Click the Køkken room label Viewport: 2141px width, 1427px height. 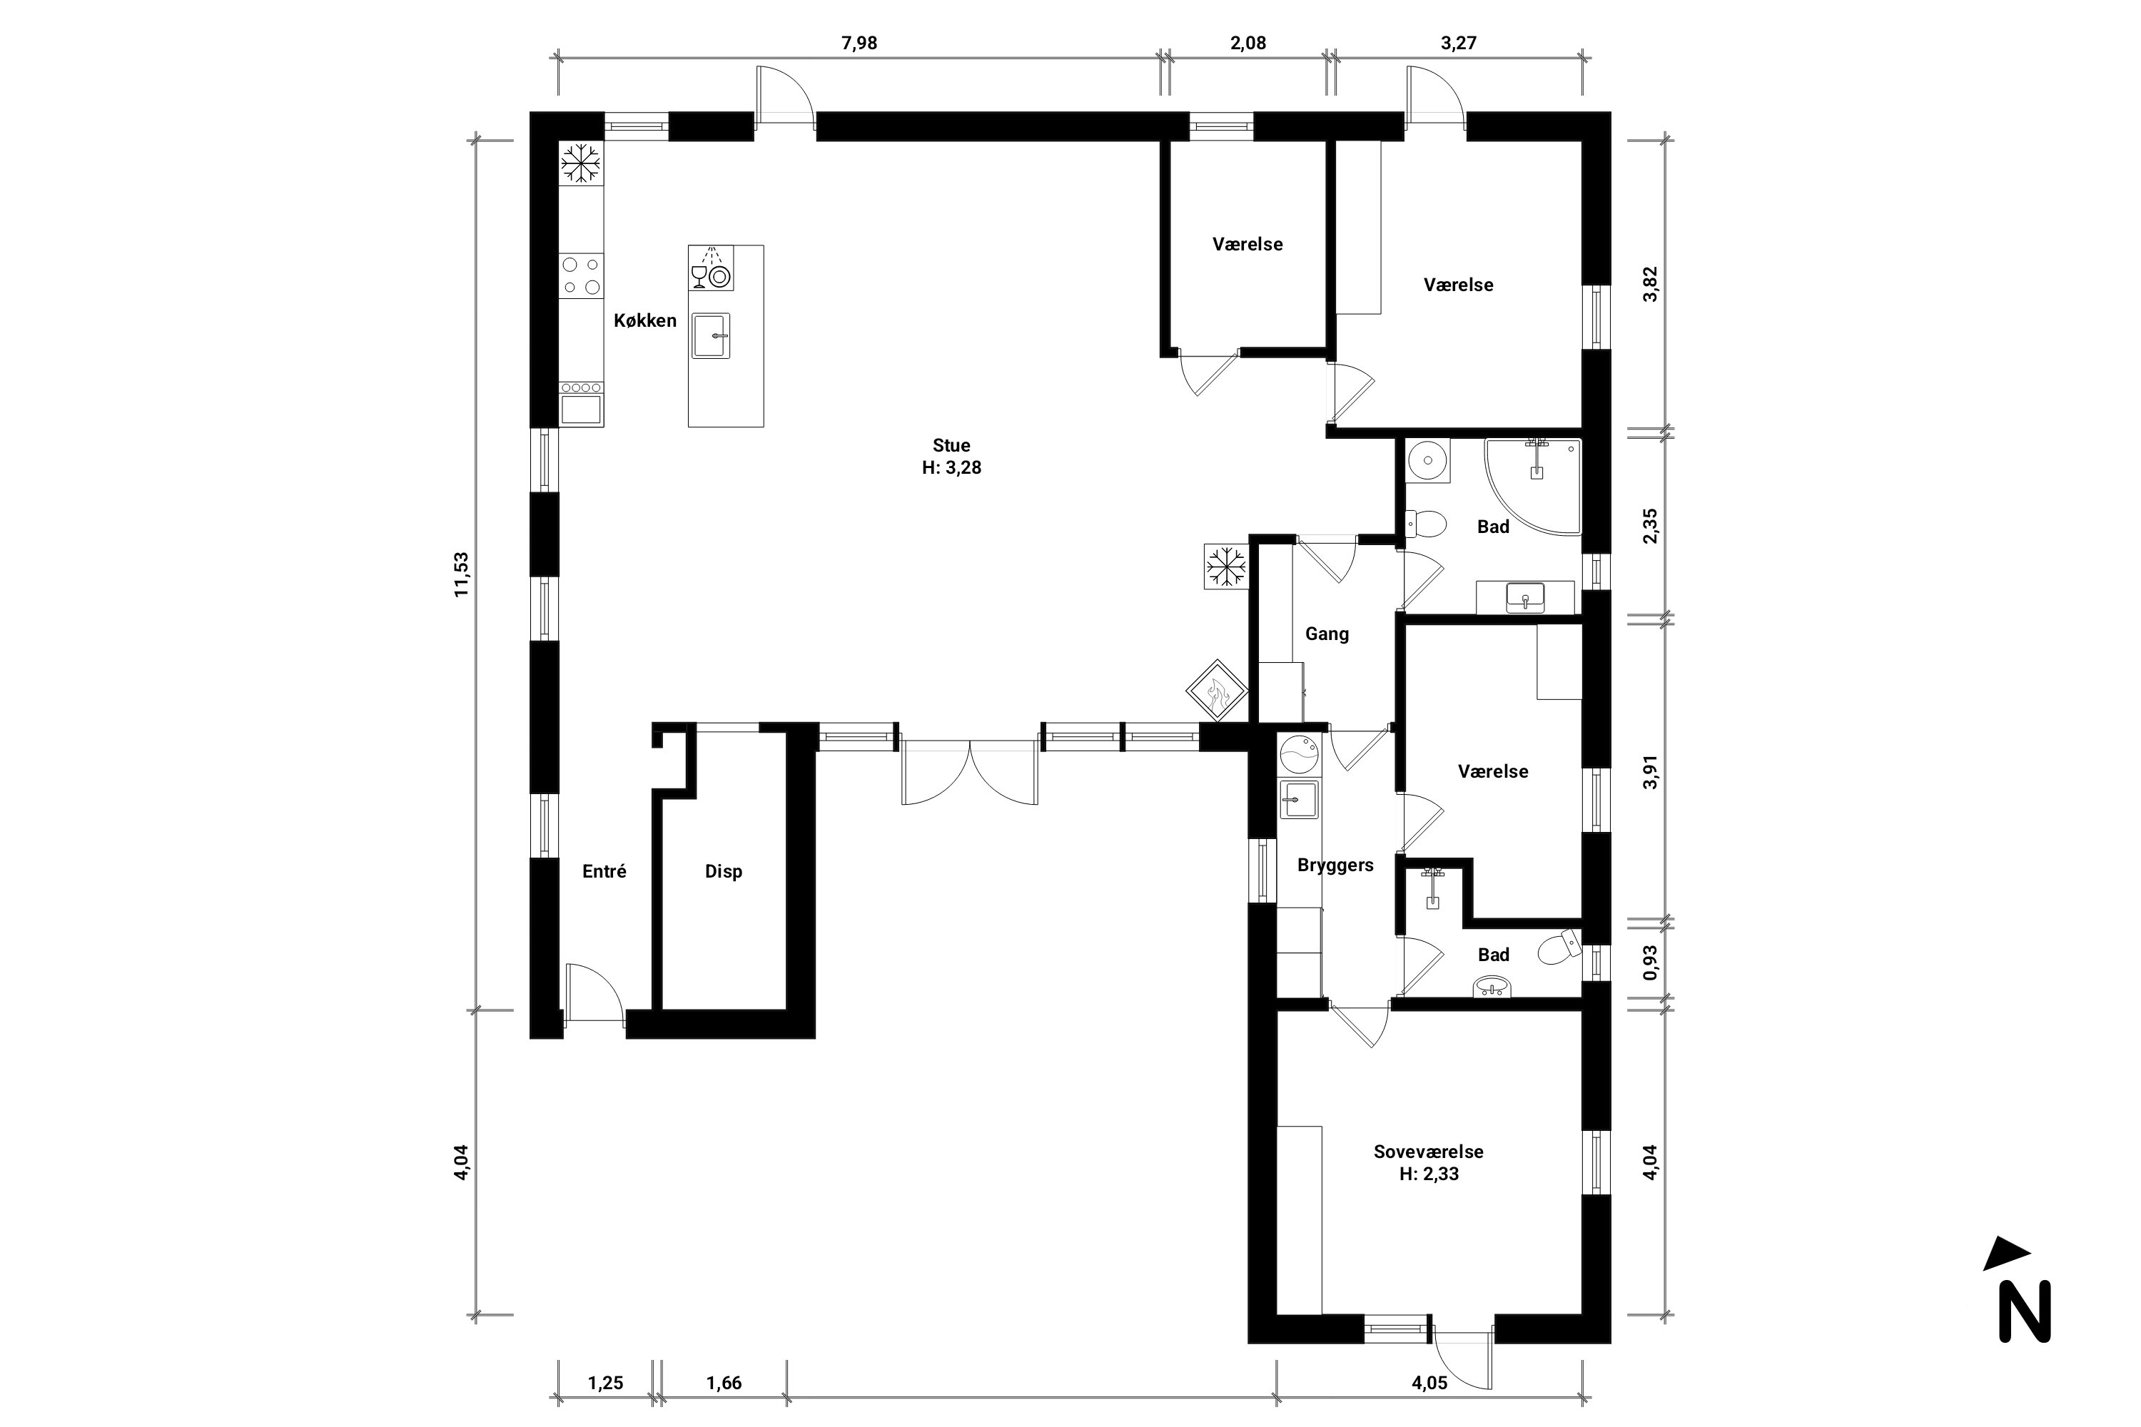(x=644, y=320)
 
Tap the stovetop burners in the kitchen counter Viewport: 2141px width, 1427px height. (x=581, y=275)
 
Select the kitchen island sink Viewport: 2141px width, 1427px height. (x=710, y=336)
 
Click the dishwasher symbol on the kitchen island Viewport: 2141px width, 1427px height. (x=710, y=268)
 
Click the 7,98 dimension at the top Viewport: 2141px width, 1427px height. (x=859, y=43)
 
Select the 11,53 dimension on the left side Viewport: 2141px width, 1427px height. (x=462, y=574)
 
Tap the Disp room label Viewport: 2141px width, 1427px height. (x=724, y=872)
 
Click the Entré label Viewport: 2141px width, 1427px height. (x=604, y=872)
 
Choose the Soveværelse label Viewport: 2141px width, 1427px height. (x=1428, y=1152)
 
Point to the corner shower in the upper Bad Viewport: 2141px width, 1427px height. (x=1534, y=485)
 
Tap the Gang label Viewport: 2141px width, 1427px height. (x=1327, y=634)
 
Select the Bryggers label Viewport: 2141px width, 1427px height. (x=1335, y=865)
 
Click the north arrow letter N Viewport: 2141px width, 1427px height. (x=2025, y=1311)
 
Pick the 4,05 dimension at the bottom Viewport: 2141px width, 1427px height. (x=1429, y=1383)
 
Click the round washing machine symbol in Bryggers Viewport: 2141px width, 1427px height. (x=1299, y=753)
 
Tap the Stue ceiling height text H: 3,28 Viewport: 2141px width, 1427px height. (x=951, y=469)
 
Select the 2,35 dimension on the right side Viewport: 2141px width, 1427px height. (x=1650, y=525)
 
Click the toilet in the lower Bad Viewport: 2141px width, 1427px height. (x=1559, y=948)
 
